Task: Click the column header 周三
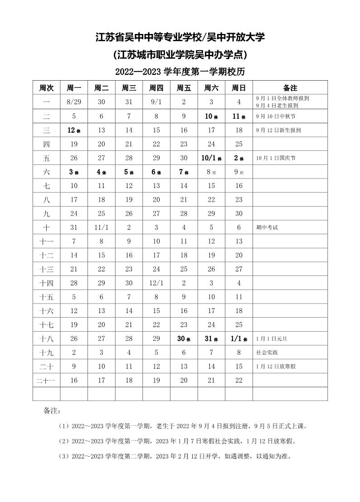pos(129,88)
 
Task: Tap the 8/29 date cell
pos(74,102)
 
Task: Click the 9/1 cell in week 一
pos(156,102)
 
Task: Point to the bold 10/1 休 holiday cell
pos(212,158)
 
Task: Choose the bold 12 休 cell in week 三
pos(74,130)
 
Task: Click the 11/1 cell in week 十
pos(102,227)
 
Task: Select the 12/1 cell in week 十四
pos(156,283)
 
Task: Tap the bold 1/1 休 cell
pos(239,339)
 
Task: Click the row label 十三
pos(46,270)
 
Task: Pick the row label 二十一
pos(46,381)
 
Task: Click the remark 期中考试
pos(267,228)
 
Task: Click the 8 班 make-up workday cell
pos(212,172)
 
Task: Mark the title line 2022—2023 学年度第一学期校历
pos(180,72)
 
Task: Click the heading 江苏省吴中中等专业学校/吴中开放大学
pos(180,37)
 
